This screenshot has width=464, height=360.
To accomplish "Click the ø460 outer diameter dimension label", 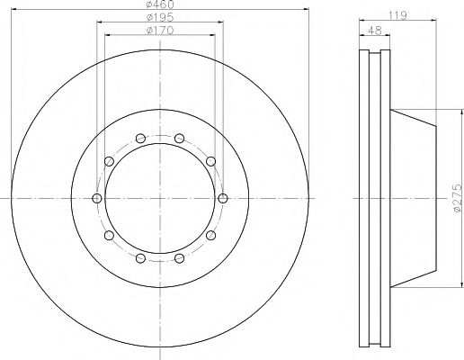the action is [160, 4].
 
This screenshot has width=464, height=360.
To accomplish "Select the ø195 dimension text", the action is [160, 17].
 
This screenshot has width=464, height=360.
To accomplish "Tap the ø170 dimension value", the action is [160, 31].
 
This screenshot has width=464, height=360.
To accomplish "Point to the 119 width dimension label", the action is [397, 15].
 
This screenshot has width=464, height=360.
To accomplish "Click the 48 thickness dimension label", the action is [374, 31].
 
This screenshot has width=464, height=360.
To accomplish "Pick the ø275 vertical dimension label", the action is [458, 198].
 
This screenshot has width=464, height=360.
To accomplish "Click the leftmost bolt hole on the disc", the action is [97, 198].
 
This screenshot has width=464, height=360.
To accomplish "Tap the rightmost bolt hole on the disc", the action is [223, 198].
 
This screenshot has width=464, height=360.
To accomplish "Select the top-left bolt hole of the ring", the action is [140, 139].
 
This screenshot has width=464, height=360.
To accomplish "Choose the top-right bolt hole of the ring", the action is [179, 139].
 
